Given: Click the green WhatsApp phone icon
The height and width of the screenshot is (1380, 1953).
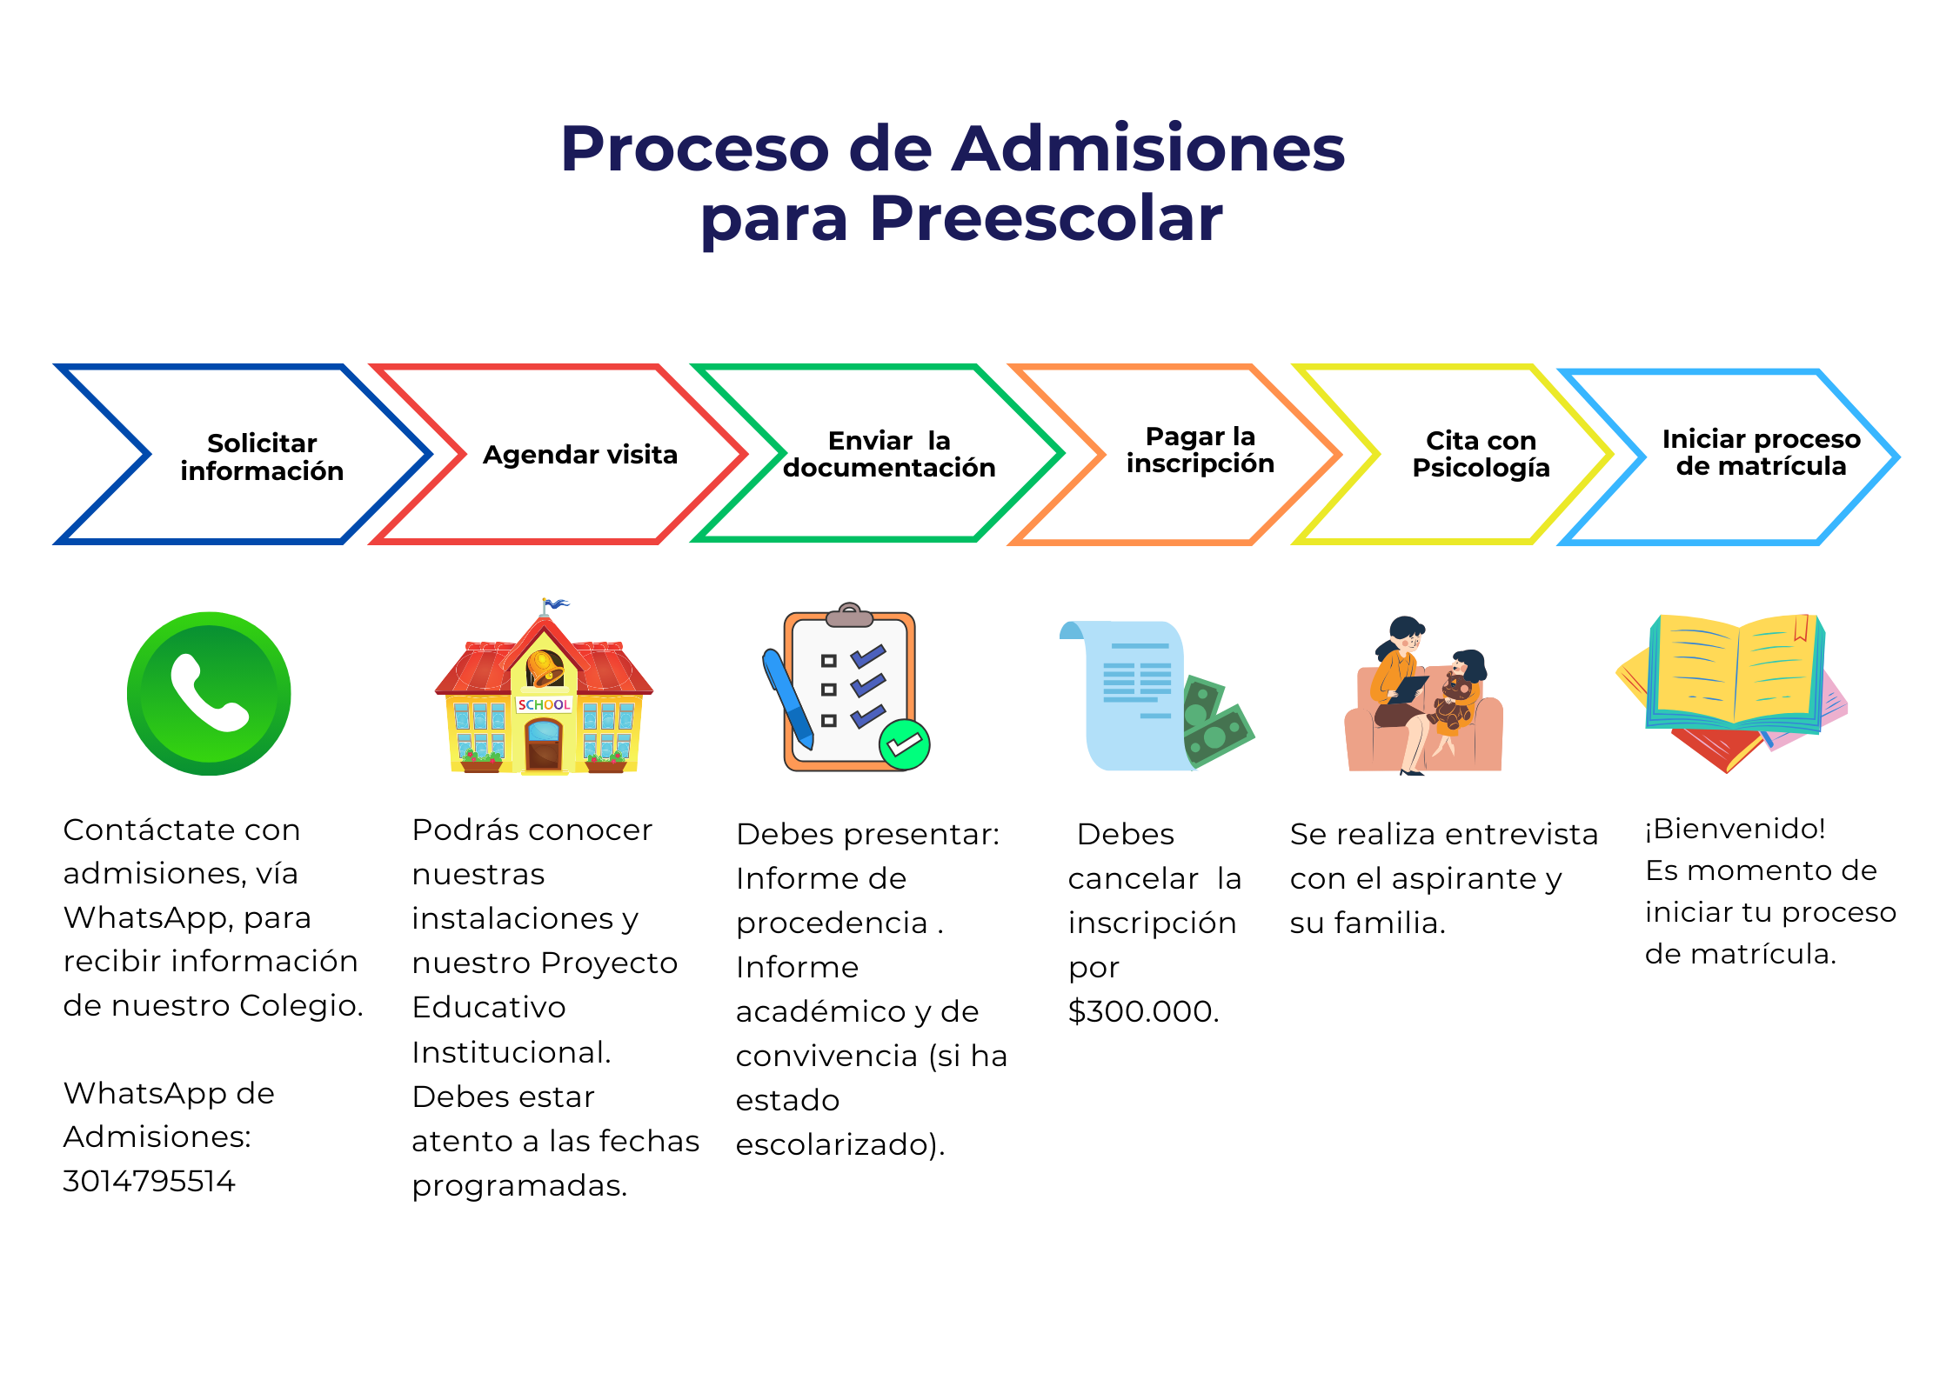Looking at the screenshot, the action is pos(209,693).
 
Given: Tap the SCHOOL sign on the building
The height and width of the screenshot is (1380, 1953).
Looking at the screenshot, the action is pos(544,704).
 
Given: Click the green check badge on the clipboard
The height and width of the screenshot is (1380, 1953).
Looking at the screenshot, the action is pos(905,744).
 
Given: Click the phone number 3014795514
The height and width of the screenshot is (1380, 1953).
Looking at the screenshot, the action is pos(149,1181).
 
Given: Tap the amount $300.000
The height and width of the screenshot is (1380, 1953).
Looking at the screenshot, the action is pos(1144,1011).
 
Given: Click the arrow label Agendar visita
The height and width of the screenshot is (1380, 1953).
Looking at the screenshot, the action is pos(580,455).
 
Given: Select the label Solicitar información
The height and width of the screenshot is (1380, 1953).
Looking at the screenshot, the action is pos(262,457).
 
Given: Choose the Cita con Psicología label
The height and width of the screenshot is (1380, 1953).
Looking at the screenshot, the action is pos(1481,454).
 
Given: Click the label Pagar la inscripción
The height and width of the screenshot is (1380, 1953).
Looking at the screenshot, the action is pos(1201,450).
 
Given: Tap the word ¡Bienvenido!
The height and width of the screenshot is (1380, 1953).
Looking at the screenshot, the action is pos(1735,829).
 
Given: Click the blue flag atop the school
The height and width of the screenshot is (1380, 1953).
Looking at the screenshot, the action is pos(555,603).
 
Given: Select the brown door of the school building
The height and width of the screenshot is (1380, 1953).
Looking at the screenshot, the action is pos(544,745).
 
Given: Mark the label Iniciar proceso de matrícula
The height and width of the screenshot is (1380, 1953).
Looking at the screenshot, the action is pos(1761,452).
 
